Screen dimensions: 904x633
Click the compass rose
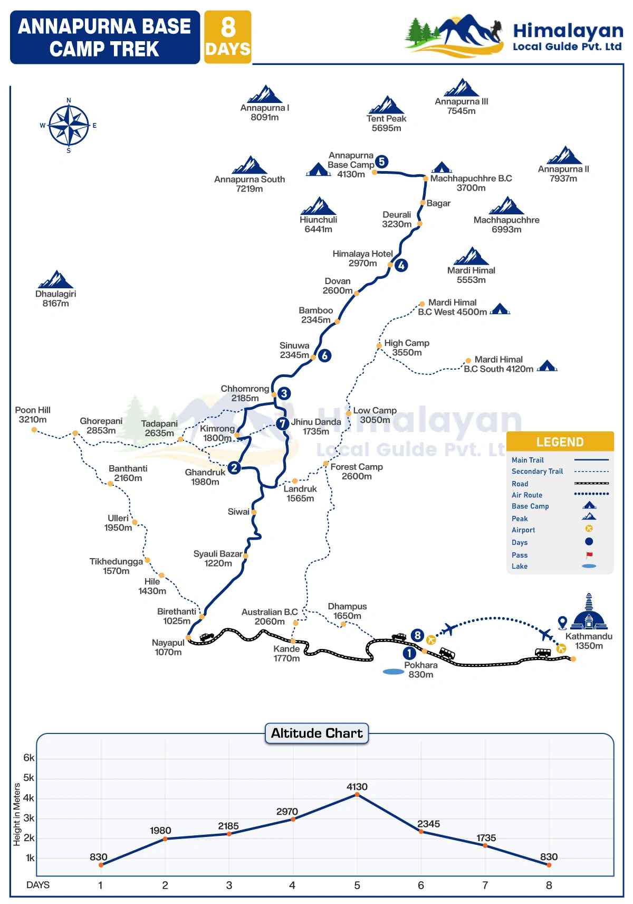tap(69, 126)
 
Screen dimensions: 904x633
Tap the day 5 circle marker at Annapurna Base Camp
tap(382, 162)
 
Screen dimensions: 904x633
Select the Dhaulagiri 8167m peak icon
tap(55, 279)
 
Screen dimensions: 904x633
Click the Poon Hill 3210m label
tap(33, 415)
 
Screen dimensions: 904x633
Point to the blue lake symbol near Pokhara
tap(393, 672)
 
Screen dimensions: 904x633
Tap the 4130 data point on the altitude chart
tap(357, 794)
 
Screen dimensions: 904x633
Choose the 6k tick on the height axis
tap(28, 758)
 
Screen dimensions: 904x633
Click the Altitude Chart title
tap(316, 733)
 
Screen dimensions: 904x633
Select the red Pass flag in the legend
tap(589, 555)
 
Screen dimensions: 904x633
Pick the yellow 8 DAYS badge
tap(228, 37)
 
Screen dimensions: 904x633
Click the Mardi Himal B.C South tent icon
tap(547, 365)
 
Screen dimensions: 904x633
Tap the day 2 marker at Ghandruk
tap(234, 467)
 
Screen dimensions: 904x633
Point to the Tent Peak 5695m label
tap(386, 123)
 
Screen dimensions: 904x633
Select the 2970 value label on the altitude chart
tap(287, 812)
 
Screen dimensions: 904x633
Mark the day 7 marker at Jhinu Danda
tap(283, 423)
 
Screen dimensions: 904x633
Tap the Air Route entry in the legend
tap(526, 495)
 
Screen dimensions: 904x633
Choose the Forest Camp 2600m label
tap(357, 472)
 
